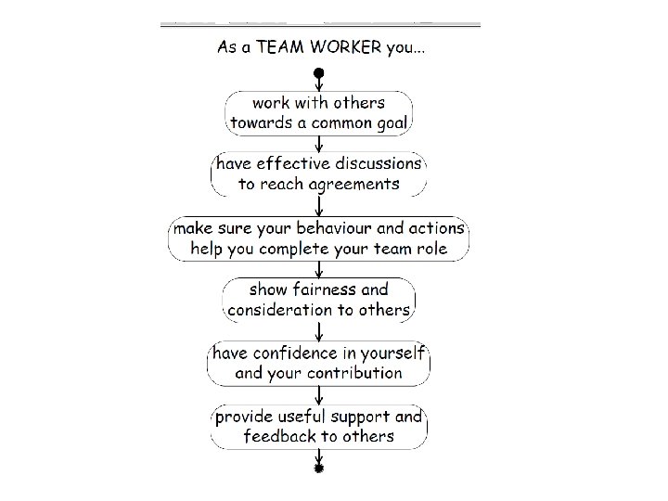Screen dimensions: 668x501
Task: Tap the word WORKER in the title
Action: (x=344, y=48)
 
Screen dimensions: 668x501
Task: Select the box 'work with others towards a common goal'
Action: (x=319, y=111)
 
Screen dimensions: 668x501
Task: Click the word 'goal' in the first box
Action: (x=393, y=122)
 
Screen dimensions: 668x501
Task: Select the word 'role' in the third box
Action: (x=431, y=248)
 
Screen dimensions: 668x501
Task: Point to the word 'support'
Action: (x=363, y=417)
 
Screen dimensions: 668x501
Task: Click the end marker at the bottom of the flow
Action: (x=319, y=469)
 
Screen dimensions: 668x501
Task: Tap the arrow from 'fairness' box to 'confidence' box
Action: (x=319, y=331)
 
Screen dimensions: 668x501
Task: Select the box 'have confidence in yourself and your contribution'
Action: (x=319, y=363)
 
